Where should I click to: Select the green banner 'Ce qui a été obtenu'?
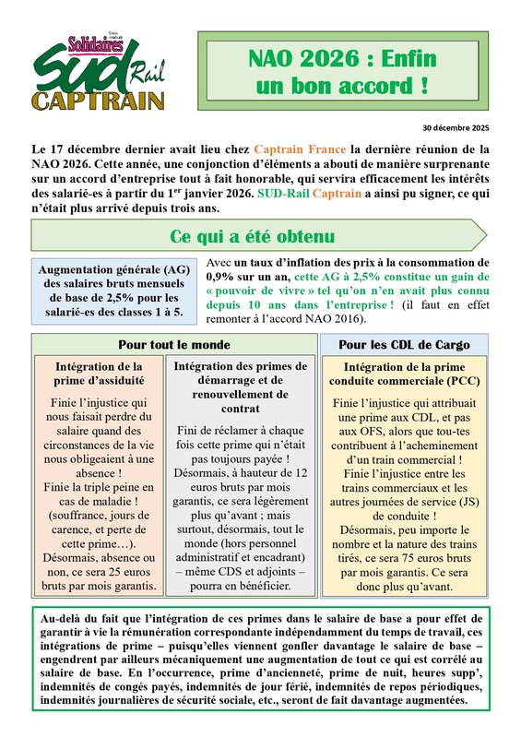coord(251,236)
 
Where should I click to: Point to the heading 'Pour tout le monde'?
coord(174,345)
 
